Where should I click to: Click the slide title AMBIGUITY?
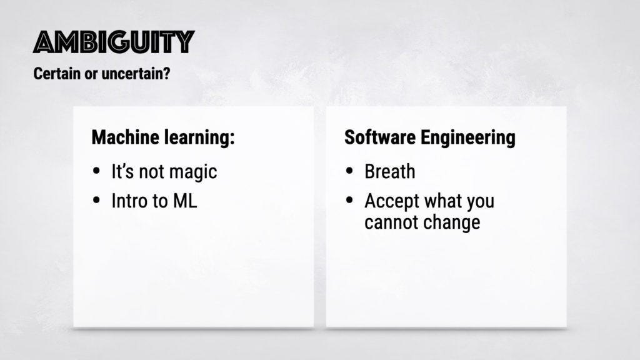pos(114,42)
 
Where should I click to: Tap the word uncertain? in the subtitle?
pos(136,74)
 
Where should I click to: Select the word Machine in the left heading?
pos(125,137)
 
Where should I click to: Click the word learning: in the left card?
pos(199,138)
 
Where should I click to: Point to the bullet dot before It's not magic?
pos(96,171)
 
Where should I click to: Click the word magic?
pos(193,172)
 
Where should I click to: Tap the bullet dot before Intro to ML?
pos(96,200)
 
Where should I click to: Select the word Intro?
pos(130,201)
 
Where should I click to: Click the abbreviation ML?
pos(185,201)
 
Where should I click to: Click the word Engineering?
pos(467,138)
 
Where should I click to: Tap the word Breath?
pos(390,171)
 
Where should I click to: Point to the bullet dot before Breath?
pos(349,171)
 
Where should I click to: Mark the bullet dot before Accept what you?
pos(349,200)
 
